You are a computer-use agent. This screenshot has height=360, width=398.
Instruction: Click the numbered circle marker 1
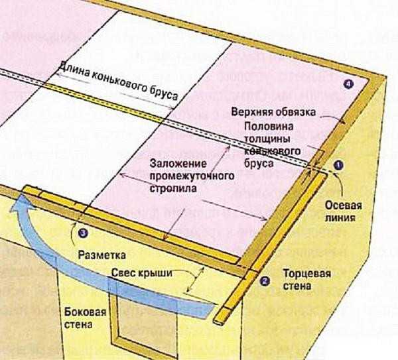(x=338, y=165)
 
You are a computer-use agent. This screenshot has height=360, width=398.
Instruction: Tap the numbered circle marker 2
(x=265, y=281)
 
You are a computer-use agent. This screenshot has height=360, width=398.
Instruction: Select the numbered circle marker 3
(x=83, y=233)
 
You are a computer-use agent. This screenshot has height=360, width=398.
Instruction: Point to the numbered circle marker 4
(x=348, y=84)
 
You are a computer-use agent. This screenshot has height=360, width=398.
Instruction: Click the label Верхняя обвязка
(x=273, y=112)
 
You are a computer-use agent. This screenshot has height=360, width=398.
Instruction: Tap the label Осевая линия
(x=343, y=211)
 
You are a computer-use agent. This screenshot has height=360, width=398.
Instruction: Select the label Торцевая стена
(x=306, y=280)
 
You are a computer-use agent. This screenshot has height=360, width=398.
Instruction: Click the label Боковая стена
(x=85, y=318)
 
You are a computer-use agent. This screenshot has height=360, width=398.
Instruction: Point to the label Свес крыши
(x=142, y=273)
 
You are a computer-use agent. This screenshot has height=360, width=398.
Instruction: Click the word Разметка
(x=101, y=255)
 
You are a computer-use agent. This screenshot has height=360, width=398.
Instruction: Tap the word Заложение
(x=178, y=163)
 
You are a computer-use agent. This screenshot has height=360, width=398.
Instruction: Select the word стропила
(x=173, y=189)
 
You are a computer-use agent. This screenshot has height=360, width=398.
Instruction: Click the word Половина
(x=269, y=126)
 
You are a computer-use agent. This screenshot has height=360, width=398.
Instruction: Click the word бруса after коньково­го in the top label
(x=163, y=93)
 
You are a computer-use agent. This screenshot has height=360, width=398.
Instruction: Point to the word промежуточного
(x=192, y=176)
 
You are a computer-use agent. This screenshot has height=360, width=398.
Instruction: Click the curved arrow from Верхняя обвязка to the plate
(x=333, y=119)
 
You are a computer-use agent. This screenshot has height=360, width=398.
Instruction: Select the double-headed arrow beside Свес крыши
(x=195, y=280)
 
